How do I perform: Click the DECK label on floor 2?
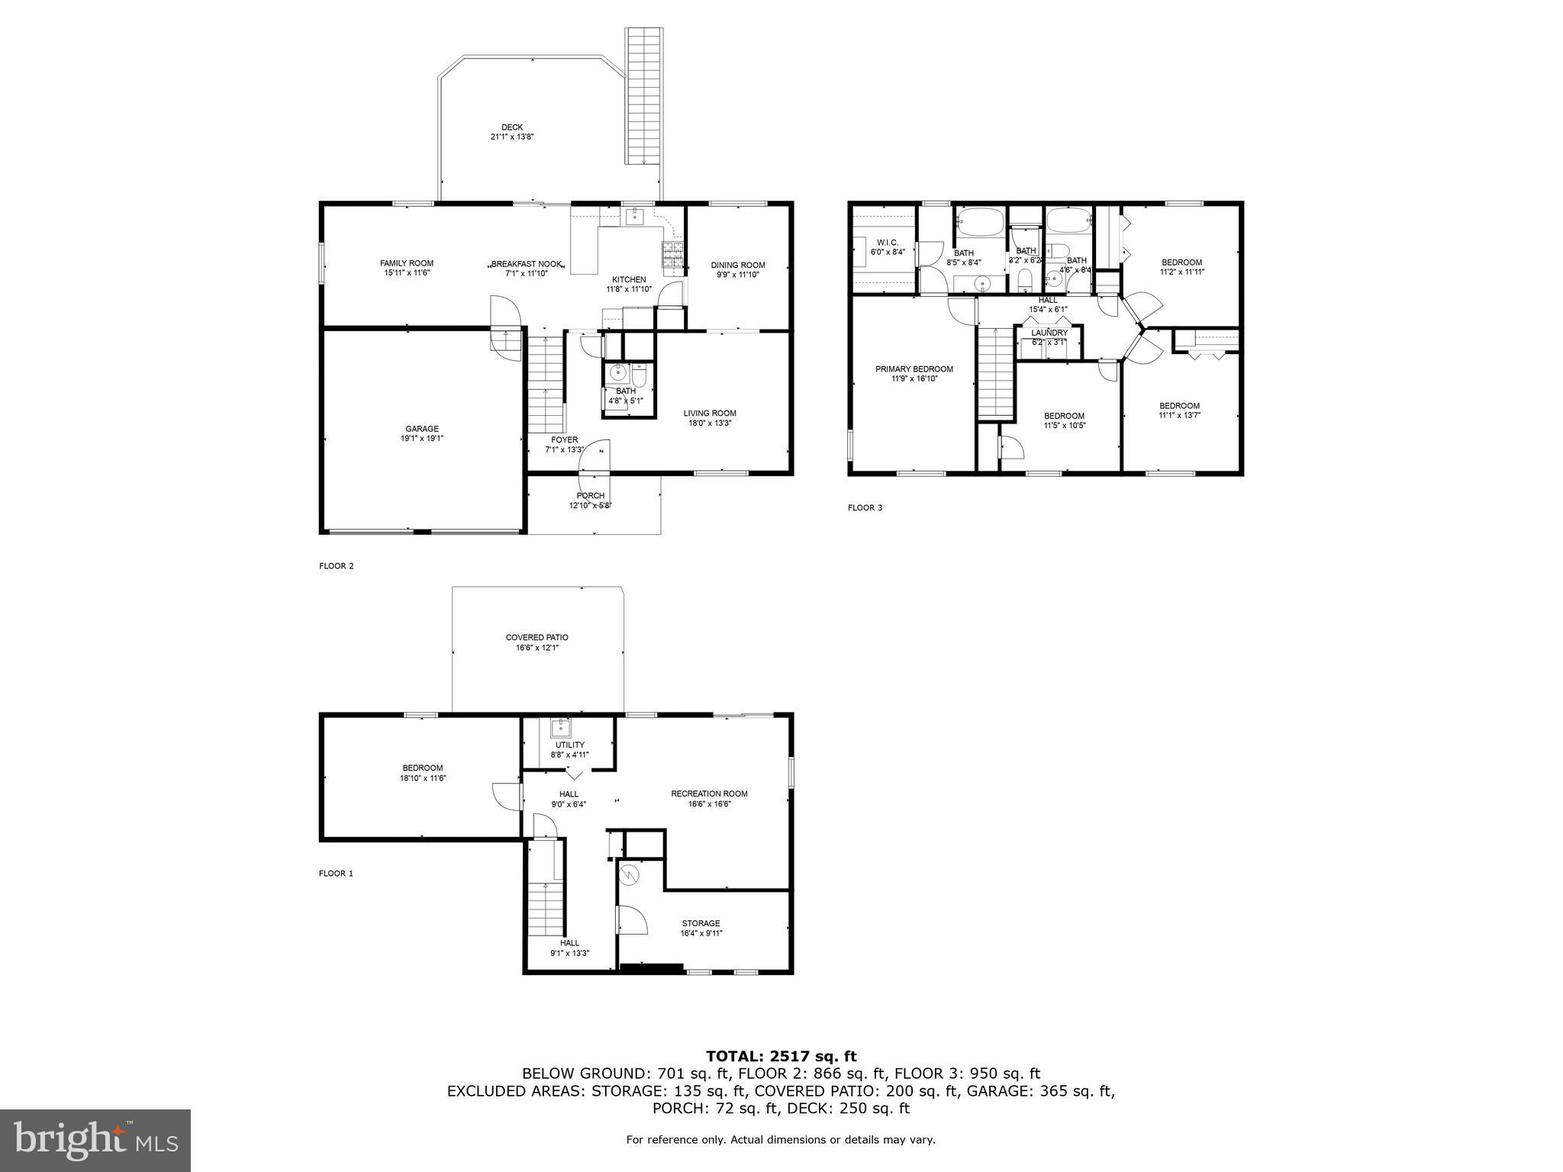tap(512, 127)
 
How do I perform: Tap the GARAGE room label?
tap(422, 429)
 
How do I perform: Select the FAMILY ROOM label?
tap(407, 263)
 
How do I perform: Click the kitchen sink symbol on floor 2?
tap(635, 217)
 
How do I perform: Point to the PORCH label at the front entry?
tap(591, 496)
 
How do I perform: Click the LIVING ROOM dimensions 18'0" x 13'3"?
tap(710, 423)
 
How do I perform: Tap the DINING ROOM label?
tap(738, 266)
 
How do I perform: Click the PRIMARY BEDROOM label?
tap(914, 369)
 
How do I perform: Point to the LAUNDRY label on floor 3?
tap(1049, 333)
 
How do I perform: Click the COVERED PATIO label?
tap(537, 638)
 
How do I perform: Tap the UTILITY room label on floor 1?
tap(570, 745)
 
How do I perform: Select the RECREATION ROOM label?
tap(709, 794)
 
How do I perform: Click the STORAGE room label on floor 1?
tap(701, 923)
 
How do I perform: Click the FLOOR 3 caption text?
tap(865, 507)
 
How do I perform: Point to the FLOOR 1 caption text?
tap(336, 874)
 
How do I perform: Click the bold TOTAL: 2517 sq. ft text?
tap(781, 1057)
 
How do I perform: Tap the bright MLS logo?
tap(95, 1140)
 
